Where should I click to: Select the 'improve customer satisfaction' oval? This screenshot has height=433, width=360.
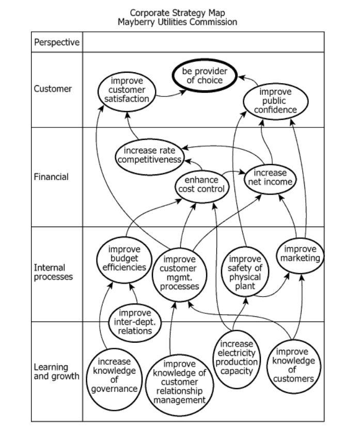click(x=127, y=90)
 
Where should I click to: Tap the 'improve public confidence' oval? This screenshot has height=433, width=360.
click(x=276, y=101)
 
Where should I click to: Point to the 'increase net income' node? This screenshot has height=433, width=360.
click(x=269, y=178)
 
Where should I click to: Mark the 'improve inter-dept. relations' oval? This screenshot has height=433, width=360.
click(x=135, y=322)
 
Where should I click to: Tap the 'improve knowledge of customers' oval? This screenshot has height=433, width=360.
click(x=292, y=365)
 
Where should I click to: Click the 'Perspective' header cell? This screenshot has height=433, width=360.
click(x=57, y=42)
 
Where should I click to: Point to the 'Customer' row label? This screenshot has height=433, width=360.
click(x=53, y=89)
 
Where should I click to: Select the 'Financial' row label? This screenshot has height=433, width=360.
click(x=51, y=177)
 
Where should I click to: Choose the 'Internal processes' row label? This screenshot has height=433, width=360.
click(x=53, y=272)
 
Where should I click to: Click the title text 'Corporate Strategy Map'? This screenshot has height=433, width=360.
click(x=177, y=12)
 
